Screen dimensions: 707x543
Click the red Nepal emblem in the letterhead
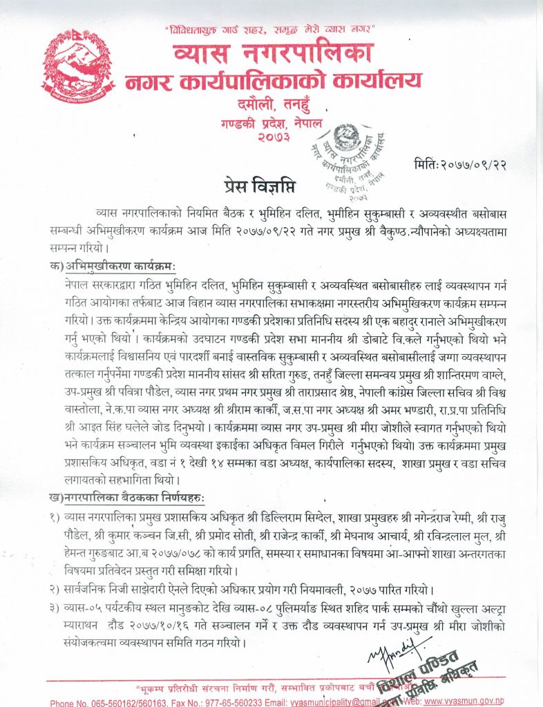point(77,70)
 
